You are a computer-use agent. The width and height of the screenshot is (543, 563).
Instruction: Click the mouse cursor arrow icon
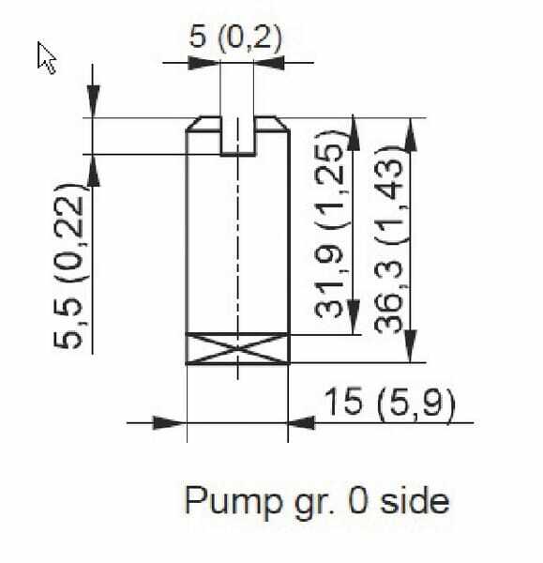(46, 57)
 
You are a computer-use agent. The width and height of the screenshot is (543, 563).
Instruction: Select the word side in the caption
(415, 500)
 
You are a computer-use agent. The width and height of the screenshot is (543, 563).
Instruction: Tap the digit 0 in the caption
(358, 500)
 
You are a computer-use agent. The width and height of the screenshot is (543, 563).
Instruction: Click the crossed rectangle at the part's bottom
(237, 349)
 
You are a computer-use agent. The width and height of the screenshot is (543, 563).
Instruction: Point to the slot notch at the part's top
(237, 136)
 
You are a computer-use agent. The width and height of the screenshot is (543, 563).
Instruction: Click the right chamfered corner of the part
(282, 124)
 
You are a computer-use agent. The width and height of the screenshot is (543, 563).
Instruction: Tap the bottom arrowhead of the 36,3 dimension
(411, 346)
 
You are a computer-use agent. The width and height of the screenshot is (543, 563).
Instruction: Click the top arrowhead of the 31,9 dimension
(354, 133)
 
